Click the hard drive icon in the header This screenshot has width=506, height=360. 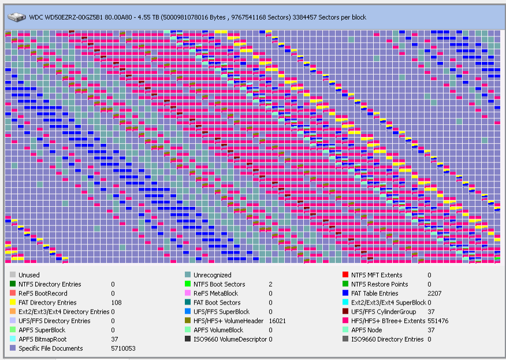pos(16,17)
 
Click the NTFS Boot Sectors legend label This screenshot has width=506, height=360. pos(219,284)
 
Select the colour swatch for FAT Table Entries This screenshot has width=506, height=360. pos(345,293)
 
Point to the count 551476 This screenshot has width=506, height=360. pos(438,321)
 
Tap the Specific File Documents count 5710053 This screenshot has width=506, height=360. pos(123,348)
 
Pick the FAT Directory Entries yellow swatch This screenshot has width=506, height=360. pos(13,302)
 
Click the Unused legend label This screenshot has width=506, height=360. pos(29,275)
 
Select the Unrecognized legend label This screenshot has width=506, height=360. pos(213,275)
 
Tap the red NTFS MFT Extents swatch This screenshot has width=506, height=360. pos(345,274)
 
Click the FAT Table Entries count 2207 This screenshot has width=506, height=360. pos(434,294)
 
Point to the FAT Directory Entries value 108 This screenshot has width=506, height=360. pos(116,303)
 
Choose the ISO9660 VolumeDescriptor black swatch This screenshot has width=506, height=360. pos(188,339)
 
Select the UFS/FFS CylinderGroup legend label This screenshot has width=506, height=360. pos(384,312)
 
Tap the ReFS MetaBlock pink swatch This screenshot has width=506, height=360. pos(188,293)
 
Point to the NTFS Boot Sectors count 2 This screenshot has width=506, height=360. pos(270,284)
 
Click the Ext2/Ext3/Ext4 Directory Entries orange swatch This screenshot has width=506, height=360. pos(13,311)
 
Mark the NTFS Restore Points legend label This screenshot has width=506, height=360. pos(380,284)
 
